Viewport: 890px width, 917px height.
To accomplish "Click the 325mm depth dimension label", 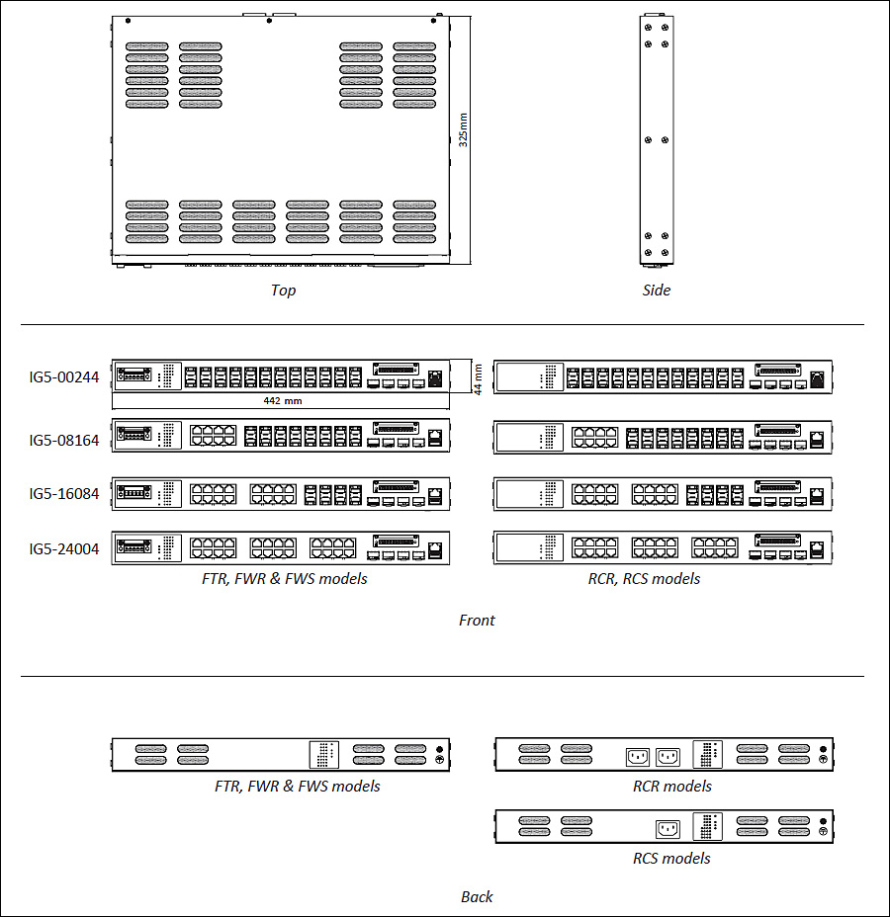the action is [x=463, y=129].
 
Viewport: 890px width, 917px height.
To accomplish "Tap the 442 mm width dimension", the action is [x=283, y=400].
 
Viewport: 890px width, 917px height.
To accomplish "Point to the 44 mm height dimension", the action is [x=478, y=379].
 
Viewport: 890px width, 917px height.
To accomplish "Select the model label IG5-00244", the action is [x=64, y=377].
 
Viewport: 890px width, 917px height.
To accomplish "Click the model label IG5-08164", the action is [x=64, y=441].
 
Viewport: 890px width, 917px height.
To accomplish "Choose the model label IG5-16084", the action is [x=64, y=494].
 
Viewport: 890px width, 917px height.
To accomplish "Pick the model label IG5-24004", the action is [x=64, y=549].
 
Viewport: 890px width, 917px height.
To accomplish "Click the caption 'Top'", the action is [x=283, y=291].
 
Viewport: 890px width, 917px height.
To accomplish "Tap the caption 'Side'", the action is [x=657, y=291].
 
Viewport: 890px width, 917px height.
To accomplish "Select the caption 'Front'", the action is [x=477, y=620].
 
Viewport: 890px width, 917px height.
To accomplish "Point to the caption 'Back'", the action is [x=477, y=896].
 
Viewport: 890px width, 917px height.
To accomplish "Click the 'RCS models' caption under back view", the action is [x=671, y=858].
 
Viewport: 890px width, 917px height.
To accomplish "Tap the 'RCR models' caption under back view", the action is [x=672, y=786].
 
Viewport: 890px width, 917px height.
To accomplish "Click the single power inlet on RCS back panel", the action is [x=667, y=829].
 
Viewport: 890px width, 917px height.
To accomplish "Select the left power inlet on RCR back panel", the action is [x=638, y=757].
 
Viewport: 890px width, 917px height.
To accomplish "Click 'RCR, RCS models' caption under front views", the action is [x=644, y=578].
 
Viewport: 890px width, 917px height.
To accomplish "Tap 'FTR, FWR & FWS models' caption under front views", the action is [x=285, y=578].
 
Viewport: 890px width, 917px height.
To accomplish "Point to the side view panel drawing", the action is [x=657, y=140].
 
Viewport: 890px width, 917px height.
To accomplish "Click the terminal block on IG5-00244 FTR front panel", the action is [x=134, y=375].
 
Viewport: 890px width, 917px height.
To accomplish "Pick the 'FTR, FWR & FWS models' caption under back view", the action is [x=298, y=786].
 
